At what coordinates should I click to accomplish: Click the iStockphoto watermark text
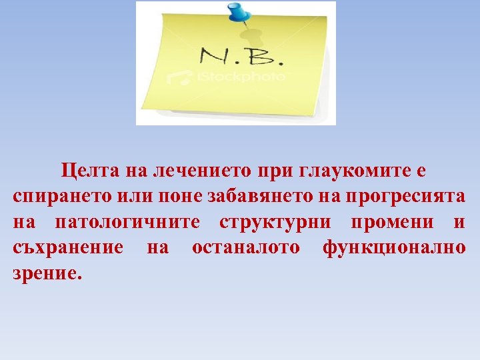240,77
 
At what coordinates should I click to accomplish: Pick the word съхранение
67,247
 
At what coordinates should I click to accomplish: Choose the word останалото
246,247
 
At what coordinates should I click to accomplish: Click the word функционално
394,247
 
